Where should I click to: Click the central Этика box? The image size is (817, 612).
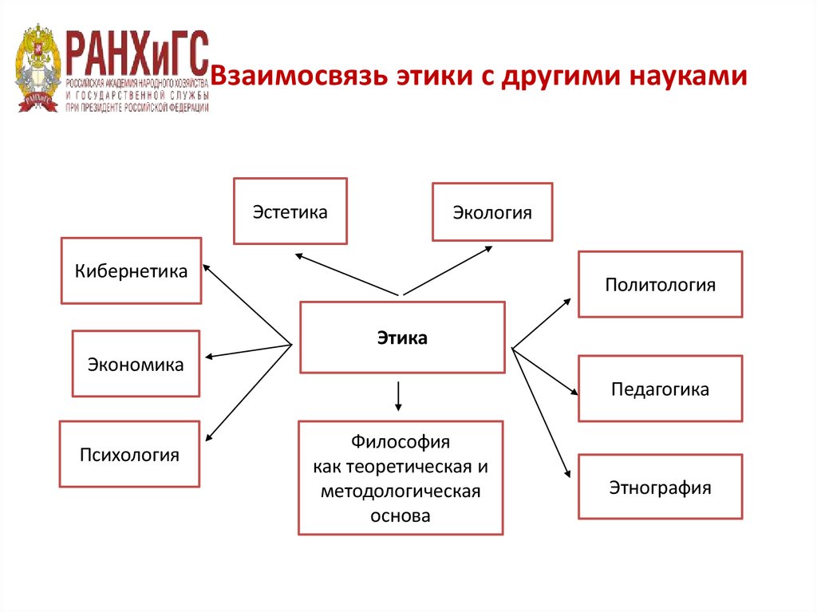402,338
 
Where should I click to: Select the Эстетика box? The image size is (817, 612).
290,211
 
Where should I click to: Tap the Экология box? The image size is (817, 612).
492,212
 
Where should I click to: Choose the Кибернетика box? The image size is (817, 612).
132,270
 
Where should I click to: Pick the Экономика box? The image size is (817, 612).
136,364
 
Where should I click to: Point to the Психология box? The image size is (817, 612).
129,455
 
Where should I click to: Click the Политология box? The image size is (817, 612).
660,284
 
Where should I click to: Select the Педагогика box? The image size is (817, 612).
660,389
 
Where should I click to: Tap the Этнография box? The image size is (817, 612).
660,487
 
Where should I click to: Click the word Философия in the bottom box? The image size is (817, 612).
401,440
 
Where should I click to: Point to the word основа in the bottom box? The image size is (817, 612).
401,515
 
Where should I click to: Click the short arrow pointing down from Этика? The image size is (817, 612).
399,396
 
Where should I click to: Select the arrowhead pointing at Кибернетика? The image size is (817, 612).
207,268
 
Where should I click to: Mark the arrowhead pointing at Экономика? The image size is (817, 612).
209,357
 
